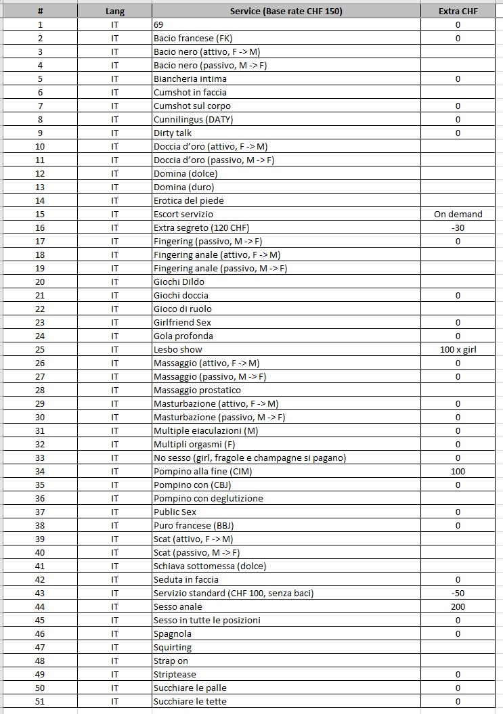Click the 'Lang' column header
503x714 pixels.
tap(115, 12)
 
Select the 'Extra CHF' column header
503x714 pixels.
tap(458, 12)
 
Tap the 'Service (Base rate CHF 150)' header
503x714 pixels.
tap(286, 12)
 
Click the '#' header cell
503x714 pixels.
tap(40, 12)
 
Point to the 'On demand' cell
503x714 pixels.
tap(458, 214)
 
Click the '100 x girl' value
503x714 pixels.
tap(458, 349)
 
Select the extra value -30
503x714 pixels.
tap(458, 227)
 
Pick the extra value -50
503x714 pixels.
tap(458, 593)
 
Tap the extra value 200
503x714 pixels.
tap(458, 606)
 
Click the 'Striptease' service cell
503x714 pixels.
tap(175, 674)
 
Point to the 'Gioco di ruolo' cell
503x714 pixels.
tap(183, 309)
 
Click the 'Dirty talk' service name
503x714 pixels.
tap(173, 133)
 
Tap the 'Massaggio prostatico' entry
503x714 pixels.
tap(197, 390)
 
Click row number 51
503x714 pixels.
tap(40, 701)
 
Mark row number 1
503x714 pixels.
tap(40, 25)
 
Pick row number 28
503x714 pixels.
tap(40, 390)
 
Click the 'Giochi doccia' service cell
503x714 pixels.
tap(181, 295)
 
